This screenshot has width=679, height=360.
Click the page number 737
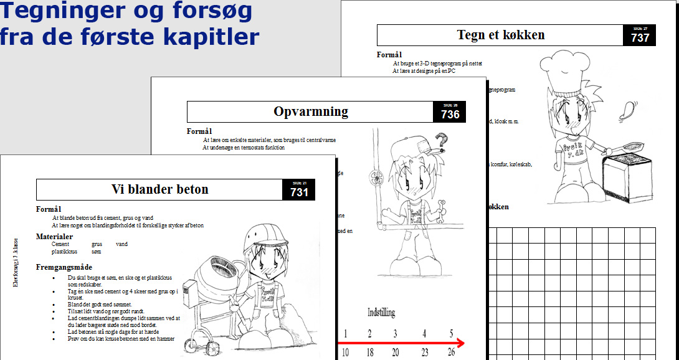(x=640, y=37)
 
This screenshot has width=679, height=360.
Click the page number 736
(x=450, y=115)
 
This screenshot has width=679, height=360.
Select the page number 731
(x=299, y=192)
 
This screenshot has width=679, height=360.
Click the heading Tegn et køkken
(x=500, y=35)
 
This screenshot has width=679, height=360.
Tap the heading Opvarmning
(x=310, y=112)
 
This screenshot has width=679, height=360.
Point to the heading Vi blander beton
(x=159, y=189)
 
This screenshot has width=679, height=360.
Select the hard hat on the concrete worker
(x=261, y=236)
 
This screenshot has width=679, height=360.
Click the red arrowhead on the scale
(x=459, y=343)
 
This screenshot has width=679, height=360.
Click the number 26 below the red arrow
(x=452, y=353)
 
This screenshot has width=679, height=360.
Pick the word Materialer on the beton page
(x=54, y=237)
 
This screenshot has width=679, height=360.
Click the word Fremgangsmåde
(x=64, y=267)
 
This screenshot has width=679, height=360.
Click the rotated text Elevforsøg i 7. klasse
(x=16, y=262)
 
